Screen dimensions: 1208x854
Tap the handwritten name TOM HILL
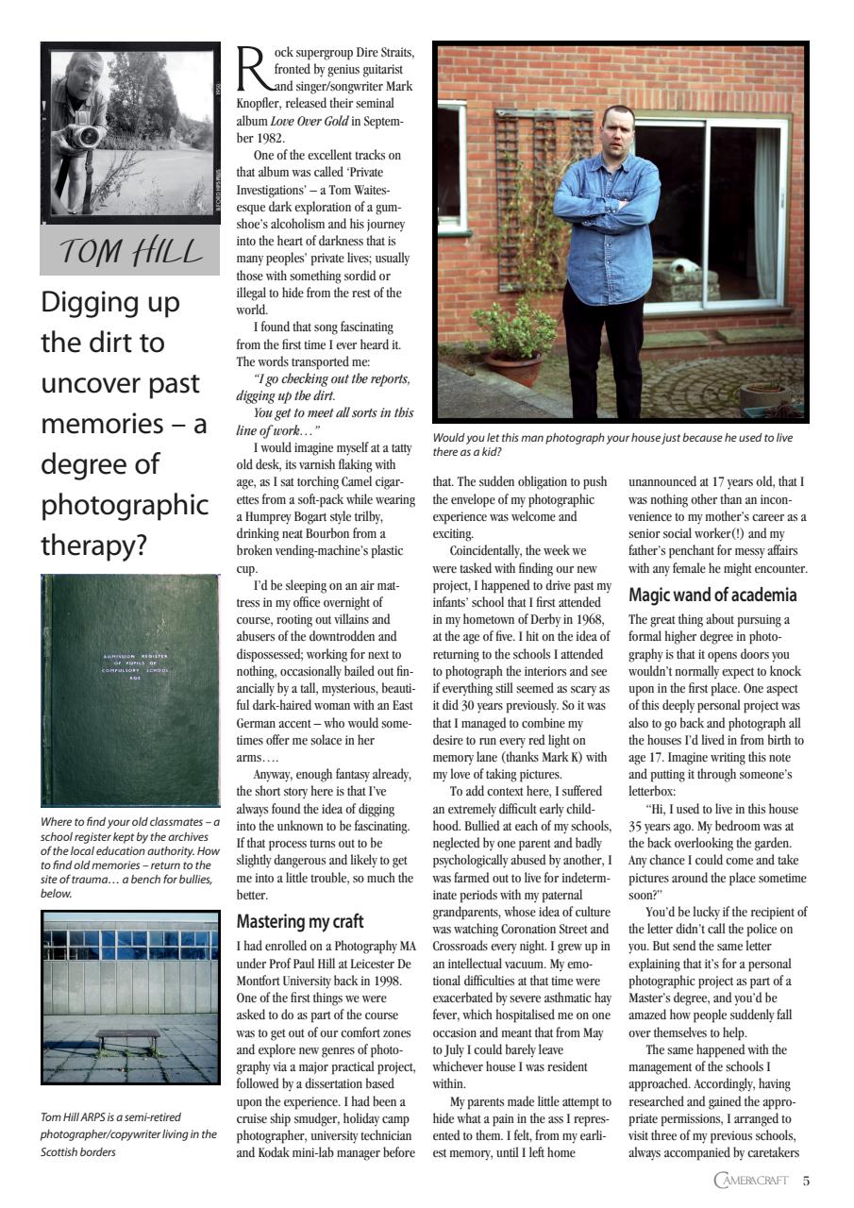point(131,252)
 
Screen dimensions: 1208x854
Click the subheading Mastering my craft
point(299,921)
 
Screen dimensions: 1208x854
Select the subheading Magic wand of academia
point(712,596)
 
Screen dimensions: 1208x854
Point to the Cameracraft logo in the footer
point(750,1181)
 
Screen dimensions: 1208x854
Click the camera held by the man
point(88,136)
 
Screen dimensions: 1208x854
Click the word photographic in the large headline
point(124,505)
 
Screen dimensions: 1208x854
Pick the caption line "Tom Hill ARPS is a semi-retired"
point(110,1117)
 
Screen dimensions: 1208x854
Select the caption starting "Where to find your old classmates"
point(129,822)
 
